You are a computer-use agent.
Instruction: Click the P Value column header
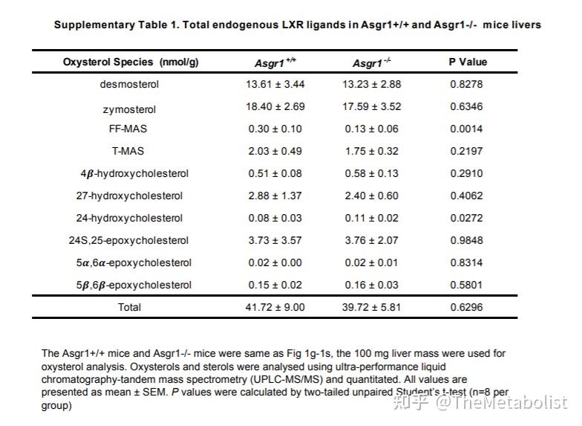pyautogui.click(x=467, y=62)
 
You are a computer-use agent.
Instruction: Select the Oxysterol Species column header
pyautogui.click(x=130, y=62)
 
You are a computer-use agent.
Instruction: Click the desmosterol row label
pyautogui.click(x=129, y=84)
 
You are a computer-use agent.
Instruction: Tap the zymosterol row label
pyautogui.click(x=129, y=109)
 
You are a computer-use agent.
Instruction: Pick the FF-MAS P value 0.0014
pyautogui.click(x=467, y=129)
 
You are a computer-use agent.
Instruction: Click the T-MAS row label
pyautogui.click(x=129, y=151)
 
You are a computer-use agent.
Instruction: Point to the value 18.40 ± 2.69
pyautogui.click(x=275, y=106)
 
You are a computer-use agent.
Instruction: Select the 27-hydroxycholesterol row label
pyautogui.click(x=129, y=196)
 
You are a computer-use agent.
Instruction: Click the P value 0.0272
pyautogui.click(x=467, y=218)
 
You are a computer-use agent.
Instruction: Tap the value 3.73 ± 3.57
pyautogui.click(x=275, y=240)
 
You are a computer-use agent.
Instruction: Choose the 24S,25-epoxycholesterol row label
pyautogui.click(x=129, y=240)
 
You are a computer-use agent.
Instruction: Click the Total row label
pyautogui.click(x=129, y=307)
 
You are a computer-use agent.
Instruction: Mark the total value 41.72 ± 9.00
pyautogui.click(x=275, y=307)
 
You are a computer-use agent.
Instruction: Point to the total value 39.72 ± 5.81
pyautogui.click(x=371, y=307)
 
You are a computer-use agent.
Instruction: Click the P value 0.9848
pyautogui.click(x=467, y=240)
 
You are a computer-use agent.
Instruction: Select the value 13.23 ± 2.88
pyautogui.click(x=371, y=84)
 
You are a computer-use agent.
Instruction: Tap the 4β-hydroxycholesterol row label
pyautogui.click(x=134, y=173)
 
